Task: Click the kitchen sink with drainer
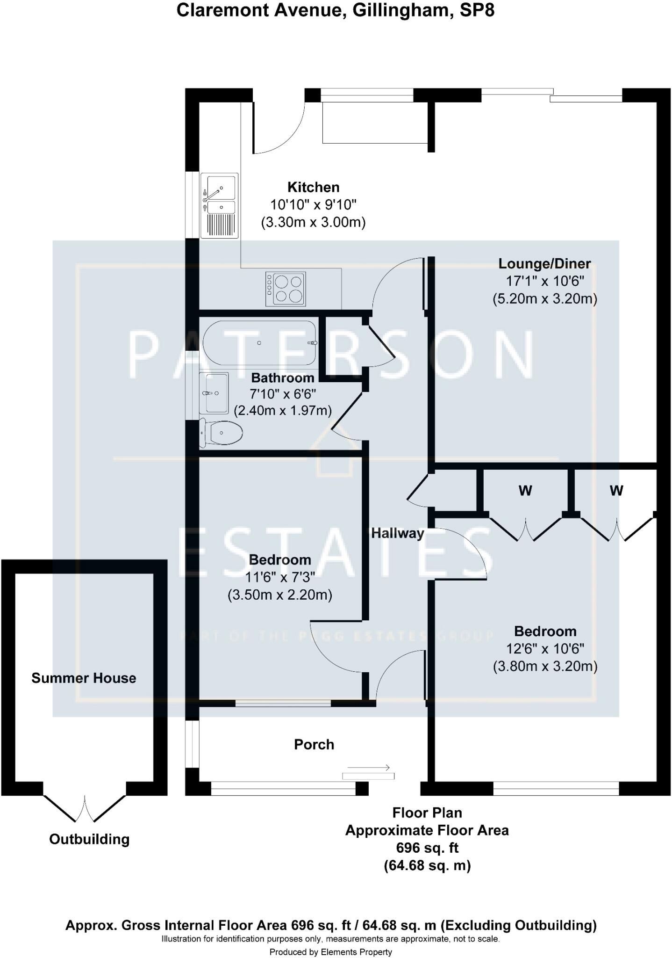(x=220, y=205)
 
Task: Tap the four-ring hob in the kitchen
(x=286, y=289)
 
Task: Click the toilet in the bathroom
(x=221, y=432)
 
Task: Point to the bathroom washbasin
(x=214, y=393)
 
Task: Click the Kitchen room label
(x=313, y=187)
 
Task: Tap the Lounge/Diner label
(x=544, y=264)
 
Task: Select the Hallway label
(x=397, y=533)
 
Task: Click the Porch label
(x=314, y=744)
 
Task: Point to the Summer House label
(x=84, y=678)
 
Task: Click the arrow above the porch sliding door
(x=369, y=768)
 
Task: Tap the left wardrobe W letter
(x=525, y=491)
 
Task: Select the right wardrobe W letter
(x=616, y=491)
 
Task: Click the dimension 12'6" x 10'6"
(x=545, y=649)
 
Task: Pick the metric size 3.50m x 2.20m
(x=280, y=595)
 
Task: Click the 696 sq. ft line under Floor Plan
(x=427, y=848)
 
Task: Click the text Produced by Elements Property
(x=330, y=952)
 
